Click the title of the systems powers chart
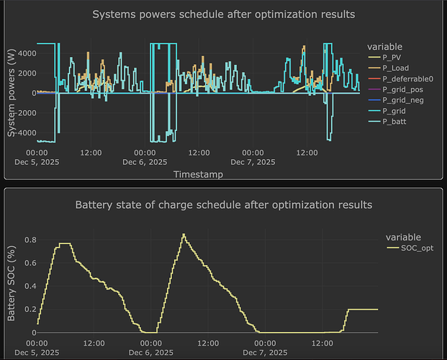pos(223,14)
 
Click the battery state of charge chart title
pos(223,205)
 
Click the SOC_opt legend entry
pos(408,248)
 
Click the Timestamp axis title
pos(198,174)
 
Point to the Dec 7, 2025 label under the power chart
pos(256,163)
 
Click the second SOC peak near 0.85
pos(184,234)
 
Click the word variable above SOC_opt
pos(403,237)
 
